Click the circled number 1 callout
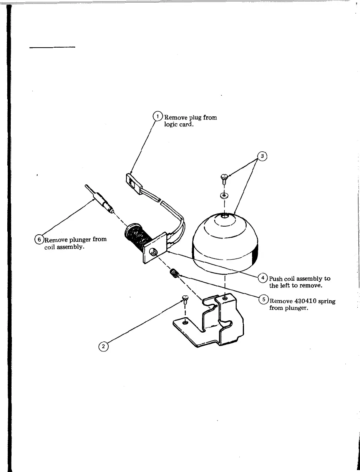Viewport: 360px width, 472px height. coord(158,116)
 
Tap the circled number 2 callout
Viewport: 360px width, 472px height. coord(103,346)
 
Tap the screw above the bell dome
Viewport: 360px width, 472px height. coord(223,178)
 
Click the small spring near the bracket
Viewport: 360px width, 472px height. coord(175,274)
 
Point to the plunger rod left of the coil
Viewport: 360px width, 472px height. coord(100,200)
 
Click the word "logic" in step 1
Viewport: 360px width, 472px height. coord(171,124)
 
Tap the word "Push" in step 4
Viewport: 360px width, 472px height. coord(276,278)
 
